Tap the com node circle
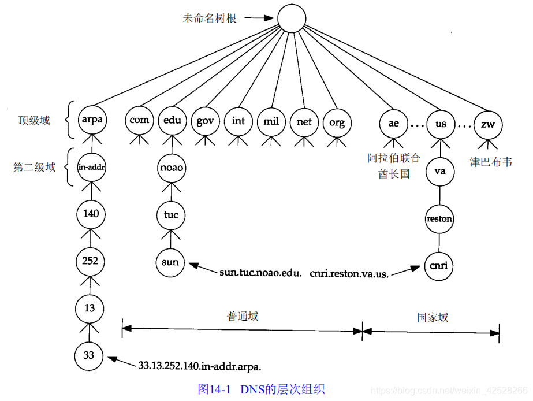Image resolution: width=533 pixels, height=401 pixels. (x=139, y=121)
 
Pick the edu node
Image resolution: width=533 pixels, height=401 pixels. (x=172, y=121)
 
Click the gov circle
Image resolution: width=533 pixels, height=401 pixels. (x=206, y=121)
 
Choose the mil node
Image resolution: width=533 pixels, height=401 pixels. (x=271, y=121)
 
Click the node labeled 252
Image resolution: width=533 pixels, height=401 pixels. (x=90, y=261)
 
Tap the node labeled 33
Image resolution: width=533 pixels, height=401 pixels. (x=88, y=355)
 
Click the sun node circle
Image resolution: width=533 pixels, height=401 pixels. (x=170, y=262)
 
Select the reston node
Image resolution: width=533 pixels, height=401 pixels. (x=439, y=219)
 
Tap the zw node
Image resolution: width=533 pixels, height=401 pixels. (x=488, y=124)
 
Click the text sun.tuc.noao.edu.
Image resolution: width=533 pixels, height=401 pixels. (x=260, y=272)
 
